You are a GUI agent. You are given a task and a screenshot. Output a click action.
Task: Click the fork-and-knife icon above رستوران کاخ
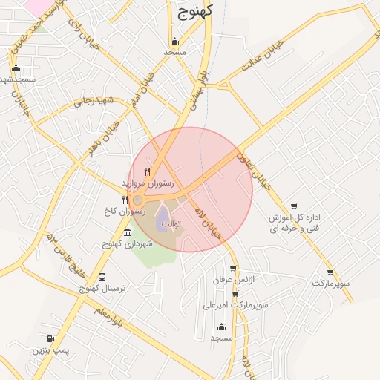(x=125, y=200)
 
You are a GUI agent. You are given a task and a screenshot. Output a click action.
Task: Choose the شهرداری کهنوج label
(x=127, y=243)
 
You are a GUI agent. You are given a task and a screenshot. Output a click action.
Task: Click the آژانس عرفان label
(x=233, y=281)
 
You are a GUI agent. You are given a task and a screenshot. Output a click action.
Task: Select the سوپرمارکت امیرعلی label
(x=235, y=304)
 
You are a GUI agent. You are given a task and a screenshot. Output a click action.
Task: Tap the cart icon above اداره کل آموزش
(x=295, y=206)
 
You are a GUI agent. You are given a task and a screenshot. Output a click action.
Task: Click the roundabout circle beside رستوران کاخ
(x=137, y=200)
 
